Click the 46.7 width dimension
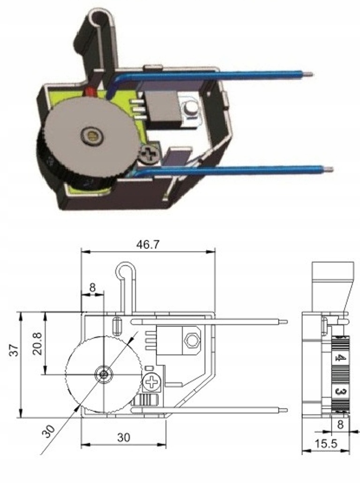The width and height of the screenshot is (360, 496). coord(147,244)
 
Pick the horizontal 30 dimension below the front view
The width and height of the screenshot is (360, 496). coord(123,437)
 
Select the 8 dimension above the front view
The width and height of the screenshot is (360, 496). coord(92,288)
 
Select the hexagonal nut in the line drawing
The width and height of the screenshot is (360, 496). coord(191,340)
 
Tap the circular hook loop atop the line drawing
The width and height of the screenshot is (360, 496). coord(123,270)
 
